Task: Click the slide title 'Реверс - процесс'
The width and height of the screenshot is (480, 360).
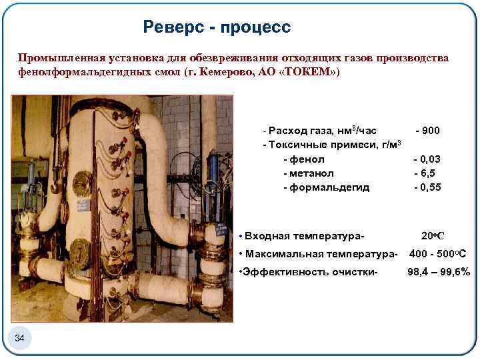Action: click(x=217, y=27)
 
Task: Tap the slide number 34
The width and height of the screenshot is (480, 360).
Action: click(x=19, y=340)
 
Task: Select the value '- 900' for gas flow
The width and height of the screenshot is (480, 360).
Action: click(x=427, y=131)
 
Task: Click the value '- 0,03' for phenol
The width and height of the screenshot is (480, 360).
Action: click(x=427, y=159)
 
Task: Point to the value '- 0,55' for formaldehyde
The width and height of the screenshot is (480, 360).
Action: click(x=427, y=187)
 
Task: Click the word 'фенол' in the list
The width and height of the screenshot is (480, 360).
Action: click(x=307, y=159)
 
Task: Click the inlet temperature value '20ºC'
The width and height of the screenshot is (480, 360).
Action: click(x=433, y=235)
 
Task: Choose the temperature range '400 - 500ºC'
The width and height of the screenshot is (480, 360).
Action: click(x=437, y=253)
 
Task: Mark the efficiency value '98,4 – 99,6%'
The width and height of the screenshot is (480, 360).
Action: click(x=439, y=271)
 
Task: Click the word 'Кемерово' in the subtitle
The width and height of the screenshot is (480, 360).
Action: click(x=221, y=72)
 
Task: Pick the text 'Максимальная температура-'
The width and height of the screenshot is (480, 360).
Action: click(x=321, y=253)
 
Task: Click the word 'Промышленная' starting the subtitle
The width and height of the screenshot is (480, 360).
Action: click(x=57, y=58)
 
